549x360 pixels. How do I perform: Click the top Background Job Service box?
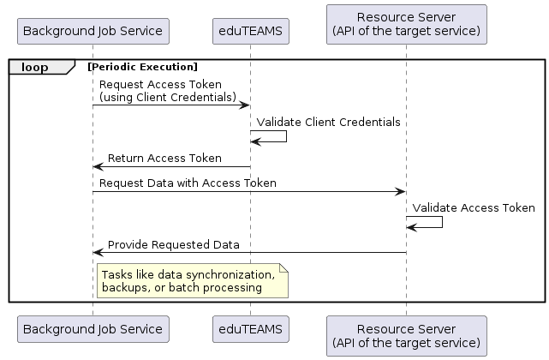[x=93, y=31]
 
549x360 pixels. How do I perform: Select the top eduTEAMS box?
[x=251, y=31]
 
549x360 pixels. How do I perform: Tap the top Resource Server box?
[x=407, y=24]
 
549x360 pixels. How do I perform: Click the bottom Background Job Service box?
[x=93, y=329]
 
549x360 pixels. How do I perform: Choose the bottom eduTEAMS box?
[x=251, y=329]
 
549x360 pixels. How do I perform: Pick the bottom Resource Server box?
[x=407, y=336]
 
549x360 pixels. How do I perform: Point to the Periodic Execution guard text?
[x=142, y=67]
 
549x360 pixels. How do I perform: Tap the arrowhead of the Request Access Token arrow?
[x=244, y=105]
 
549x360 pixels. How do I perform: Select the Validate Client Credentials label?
[x=328, y=122]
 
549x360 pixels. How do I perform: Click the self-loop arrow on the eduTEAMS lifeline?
[x=286, y=136]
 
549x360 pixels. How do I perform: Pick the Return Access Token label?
[x=164, y=158]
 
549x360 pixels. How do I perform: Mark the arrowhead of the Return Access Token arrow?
[x=98, y=167]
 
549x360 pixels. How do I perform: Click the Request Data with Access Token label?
[x=188, y=183]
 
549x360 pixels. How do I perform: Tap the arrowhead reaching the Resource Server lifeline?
[x=400, y=192]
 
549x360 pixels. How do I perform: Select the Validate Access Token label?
[x=474, y=208]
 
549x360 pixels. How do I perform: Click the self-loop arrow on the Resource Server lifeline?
[x=442, y=222]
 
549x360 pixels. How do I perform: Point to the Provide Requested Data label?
[x=174, y=244]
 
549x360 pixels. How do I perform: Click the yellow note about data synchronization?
[x=193, y=281]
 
